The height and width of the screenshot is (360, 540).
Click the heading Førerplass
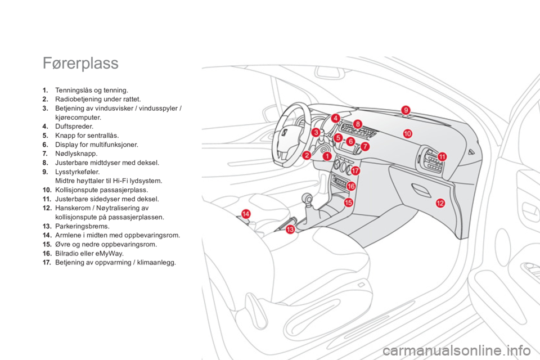(80, 64)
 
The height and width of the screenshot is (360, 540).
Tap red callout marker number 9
(406, 110)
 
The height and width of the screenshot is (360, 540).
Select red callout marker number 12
(440, 203)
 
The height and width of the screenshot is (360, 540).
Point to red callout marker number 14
(246, 214)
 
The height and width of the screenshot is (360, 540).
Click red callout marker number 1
(327, 156)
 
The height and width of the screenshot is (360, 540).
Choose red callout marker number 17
(355, 170)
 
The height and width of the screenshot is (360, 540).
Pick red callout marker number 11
(442, 157)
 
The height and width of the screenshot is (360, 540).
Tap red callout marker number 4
(335, 118)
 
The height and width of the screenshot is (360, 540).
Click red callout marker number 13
(290, 229)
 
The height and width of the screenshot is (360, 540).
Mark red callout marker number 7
(364, 146)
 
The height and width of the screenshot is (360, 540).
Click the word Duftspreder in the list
(73, 127)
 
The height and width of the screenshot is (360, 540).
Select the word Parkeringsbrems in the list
(81, 226)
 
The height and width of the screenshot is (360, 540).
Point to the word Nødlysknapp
(75, 154)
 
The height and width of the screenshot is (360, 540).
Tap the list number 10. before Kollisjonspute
(47, 190)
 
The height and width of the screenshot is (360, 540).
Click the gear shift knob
(307, 199)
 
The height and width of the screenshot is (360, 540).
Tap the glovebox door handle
(421, 190)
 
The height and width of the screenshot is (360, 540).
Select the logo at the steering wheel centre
(285, 133)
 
